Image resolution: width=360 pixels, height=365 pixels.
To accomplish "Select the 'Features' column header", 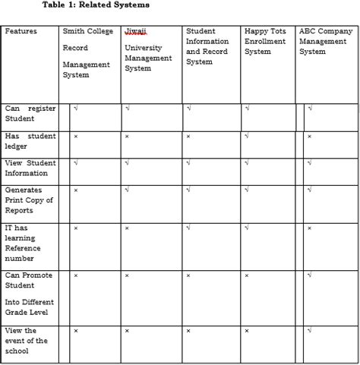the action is pyautogui.click(x=21, y=32).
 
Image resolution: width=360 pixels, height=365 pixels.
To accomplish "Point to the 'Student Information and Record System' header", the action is pyautogui.click(x=207, y=46).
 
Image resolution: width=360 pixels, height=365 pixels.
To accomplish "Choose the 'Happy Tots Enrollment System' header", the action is pyautogui.click(x=266, y=42).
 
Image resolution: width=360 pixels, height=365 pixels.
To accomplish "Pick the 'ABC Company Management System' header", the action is pyautogui.click(x=326, y=42).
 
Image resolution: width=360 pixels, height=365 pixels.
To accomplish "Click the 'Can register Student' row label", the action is pyautogui.click(x=30, y=114).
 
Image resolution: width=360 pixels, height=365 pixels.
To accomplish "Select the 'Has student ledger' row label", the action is pyautogui.click(x=30, y=141).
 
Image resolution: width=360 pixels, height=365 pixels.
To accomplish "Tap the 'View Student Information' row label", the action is pyautogui.click(x=30, y=168).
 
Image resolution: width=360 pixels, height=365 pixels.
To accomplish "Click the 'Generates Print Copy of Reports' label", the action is pyautogui.click(x=29, y=200).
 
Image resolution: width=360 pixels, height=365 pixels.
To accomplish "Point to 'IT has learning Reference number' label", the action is pyautogui.click(x=23, y=244).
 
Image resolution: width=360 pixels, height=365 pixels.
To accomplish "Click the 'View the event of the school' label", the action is pyautogui.click(x=26, y=341).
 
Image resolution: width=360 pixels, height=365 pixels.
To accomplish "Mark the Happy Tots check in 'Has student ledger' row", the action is pyautogui.click(x=247, y=137).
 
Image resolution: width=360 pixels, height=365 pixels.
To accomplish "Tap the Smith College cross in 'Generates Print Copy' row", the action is pyautogui.click(x=75, y=190).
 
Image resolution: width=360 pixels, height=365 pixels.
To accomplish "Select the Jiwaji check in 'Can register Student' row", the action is pyautogui.click(x=127, y=109).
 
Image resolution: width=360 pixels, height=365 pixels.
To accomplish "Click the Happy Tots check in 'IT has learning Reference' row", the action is pyautogui.click(x=247, y=228).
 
